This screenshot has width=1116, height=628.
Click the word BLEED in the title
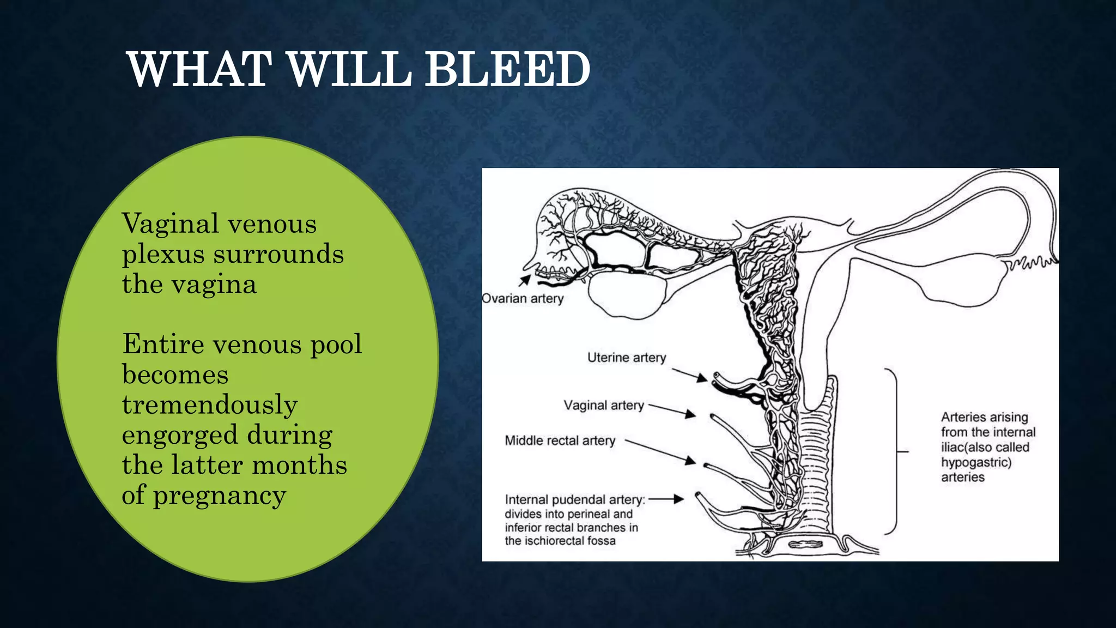click(507, 69)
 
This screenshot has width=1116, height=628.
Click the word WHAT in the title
click(199, 69)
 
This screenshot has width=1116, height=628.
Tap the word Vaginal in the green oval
click(170, 224)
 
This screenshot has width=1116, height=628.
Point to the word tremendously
click(210, 404)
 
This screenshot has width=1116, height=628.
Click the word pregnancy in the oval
click(219, 496)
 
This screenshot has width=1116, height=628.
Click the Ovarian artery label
click(523, 299)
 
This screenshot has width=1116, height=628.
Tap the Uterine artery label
click(627, 358)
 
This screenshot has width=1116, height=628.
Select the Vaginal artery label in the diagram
click(604, 406)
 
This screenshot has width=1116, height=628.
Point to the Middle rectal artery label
click(560, 440)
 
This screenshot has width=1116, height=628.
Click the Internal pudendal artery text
click(575, 500)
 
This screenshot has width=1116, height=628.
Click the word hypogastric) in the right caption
click(976, 462)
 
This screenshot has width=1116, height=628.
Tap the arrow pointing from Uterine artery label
click(689, 375)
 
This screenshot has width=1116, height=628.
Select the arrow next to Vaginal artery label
click(672, 410)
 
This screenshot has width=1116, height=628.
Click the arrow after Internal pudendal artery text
click(666, 499)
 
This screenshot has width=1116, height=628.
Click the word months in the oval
click(299, 465)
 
